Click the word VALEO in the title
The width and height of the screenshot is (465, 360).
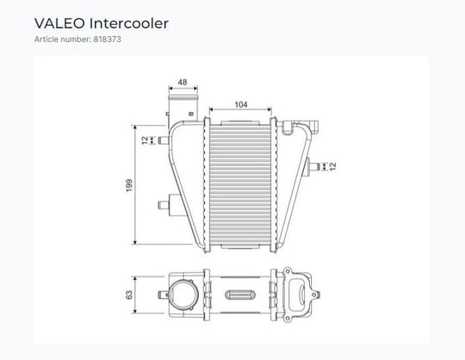click(59, 23)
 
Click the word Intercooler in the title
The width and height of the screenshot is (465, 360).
click(129, 23)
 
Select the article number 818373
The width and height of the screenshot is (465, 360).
click(108, 39)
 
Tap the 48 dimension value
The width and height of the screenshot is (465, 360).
click(183, 82)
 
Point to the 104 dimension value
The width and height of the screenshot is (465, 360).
click(241, 104)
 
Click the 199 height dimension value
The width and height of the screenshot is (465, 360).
click(129, 185)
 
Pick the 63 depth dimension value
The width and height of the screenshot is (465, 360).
click(129, 295)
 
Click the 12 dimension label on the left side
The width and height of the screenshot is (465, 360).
click(145, 140)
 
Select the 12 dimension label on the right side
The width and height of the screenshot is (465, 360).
click(332, 166)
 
